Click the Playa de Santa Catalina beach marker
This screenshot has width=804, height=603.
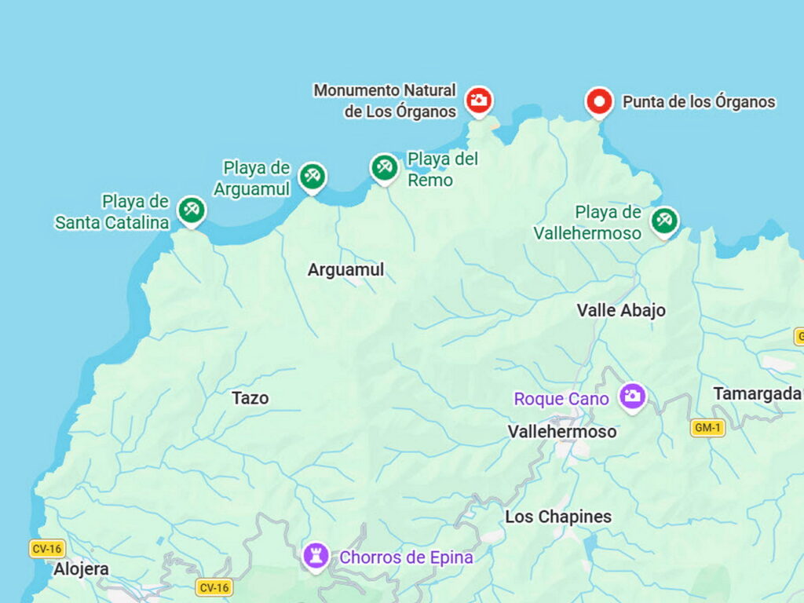pyautogui.click(x=191, y=210)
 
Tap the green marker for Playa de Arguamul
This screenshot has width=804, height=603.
pyautogui.click(x=312, y=176)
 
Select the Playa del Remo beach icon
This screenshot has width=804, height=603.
pyautogui.click(x=384, y=167)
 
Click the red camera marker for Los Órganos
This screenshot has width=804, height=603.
pyautogui.click(x=478, y=100)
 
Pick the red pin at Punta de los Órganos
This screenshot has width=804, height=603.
pyautogui.click(x=599, y=101)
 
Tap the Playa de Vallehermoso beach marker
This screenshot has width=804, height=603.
pyautogui.click(x=664, y=221)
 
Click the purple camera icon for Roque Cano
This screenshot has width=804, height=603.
pyautogui.click(x=632, y=396)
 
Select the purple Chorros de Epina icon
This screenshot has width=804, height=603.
pyautogui.click(x=316, y=556)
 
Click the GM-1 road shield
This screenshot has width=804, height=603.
pyautogui.click(x=707, y=428)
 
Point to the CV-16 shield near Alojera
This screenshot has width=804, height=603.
pyautogui.click(x=47, y=548)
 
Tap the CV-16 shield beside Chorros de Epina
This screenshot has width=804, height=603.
pyautogui.click(x=214, y=587)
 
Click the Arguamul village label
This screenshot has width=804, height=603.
pyautogui.click(x=345, y=270)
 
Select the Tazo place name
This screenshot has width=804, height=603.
pyautogui.click(x=250, y=398)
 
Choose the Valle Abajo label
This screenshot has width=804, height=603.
pyautogui.click(x=621, y=310)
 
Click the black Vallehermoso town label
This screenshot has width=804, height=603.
pyautogui.click(x=561, y=432)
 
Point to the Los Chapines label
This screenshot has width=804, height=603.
pyautogui.click(x=558, y=517)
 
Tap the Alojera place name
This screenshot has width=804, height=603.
pyautogui.click(x=81, y=569)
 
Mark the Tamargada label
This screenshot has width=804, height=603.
pyautogui.click(x=757, y=394)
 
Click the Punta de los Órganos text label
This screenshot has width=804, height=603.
pyautogui.click(x=698, y=102)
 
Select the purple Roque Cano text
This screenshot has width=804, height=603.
pyautogui.click(x=561, y=399)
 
